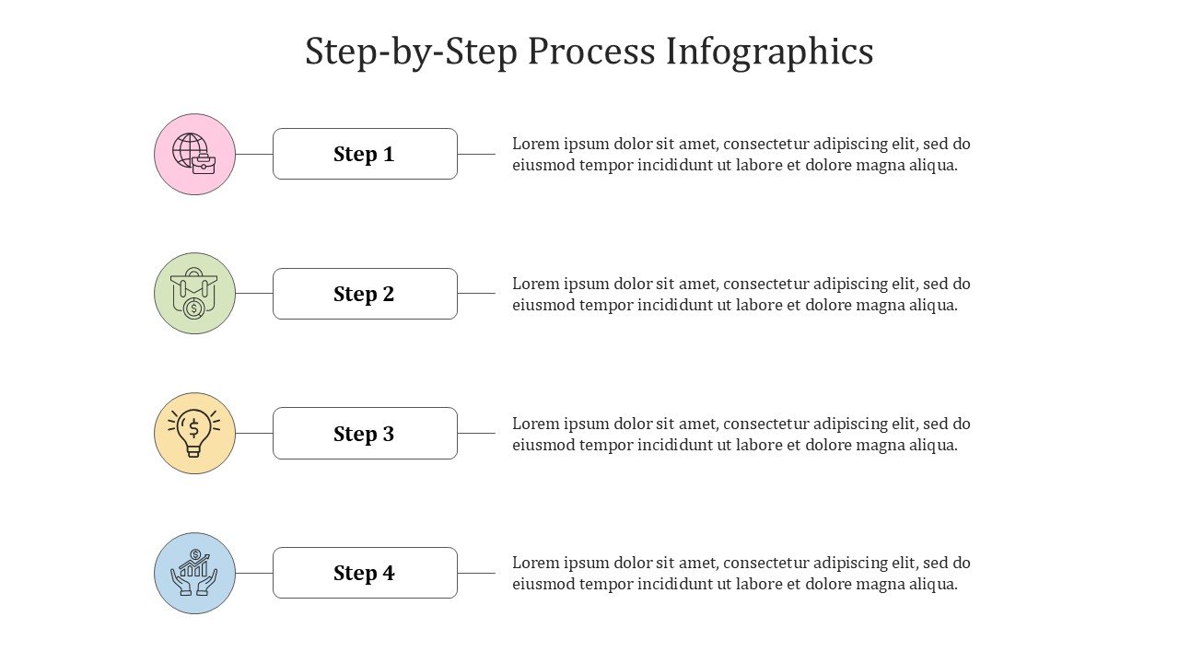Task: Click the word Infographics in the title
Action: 769,52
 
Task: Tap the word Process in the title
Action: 591,51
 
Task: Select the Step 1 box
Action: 365,154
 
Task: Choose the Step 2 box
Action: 365,294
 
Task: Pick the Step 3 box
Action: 365,433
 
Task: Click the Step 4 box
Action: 365,573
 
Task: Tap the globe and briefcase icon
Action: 193,153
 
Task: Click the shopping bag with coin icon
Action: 194,294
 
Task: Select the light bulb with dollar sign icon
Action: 194,433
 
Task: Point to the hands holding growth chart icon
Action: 194,573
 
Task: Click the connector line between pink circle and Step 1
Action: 253,154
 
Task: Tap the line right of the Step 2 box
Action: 476,293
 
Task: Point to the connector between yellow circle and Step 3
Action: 253,433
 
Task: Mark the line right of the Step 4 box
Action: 476,573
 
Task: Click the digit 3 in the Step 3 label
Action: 388,434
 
